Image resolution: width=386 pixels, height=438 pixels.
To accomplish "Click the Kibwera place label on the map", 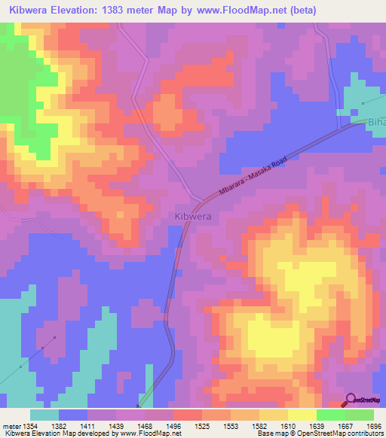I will click(x=192, y=216).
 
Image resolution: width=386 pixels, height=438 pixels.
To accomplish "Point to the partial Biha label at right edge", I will click(x=376, y=122).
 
